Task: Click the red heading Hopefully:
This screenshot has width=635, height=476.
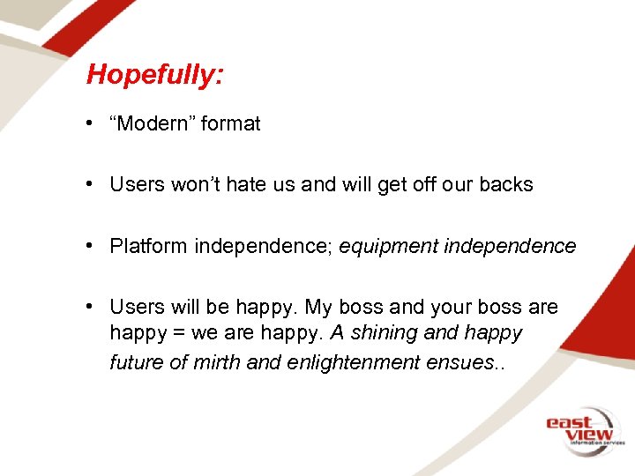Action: pyautogui.click(x=154, y=75)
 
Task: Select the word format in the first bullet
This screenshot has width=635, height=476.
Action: pyautogui.click(x=231, y=124)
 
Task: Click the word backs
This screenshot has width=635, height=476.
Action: pyautogui.click(x=506, y=185)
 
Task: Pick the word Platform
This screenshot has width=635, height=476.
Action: pyautogui.click(x=149, y=246)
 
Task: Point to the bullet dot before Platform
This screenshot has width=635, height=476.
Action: pyautogui.click(x=91, y=246)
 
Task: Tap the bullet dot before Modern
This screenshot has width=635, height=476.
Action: pyautogui.click(x=91, y=124)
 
